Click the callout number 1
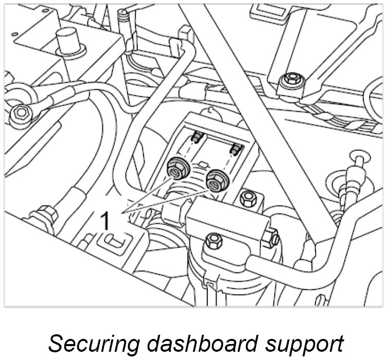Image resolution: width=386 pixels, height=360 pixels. pos(104,221)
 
